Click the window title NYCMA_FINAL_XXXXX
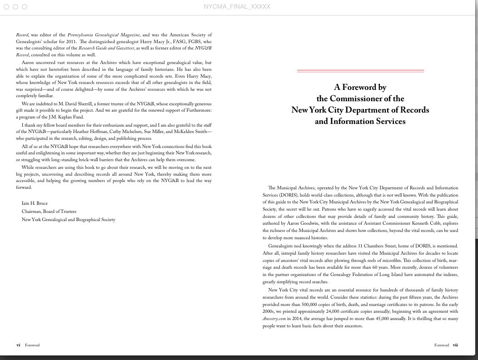pyautogui.click(x=237, y=6)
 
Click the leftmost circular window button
pyautogui.click(x=6, y=7)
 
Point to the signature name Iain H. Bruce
pyautogui.click(x=35, y=203)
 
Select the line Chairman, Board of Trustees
pyautogui.click(x=49, y=212)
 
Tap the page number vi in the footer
pyautogui.click(x=18, y=345)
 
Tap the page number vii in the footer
pyautogui.click(x=455, y=345)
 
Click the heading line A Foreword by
pyautogui.click(x=360, y=87)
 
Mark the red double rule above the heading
pyautogui.click(x=360, y=71)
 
